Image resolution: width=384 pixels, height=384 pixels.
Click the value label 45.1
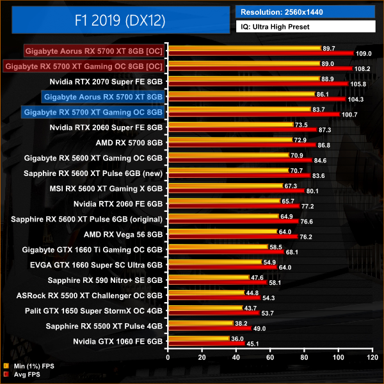[254, 344]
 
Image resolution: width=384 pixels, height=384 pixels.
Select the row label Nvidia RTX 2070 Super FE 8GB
[106, 81]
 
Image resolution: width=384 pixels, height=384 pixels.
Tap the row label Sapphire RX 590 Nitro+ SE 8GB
[105, 280]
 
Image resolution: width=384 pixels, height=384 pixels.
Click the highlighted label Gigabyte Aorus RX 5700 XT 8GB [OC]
[93, 50]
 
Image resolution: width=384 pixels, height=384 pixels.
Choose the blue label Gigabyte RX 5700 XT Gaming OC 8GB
[92, 111]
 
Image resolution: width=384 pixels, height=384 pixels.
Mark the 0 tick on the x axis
[168, 358]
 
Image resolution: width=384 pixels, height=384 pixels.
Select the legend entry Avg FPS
[25, 375]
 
